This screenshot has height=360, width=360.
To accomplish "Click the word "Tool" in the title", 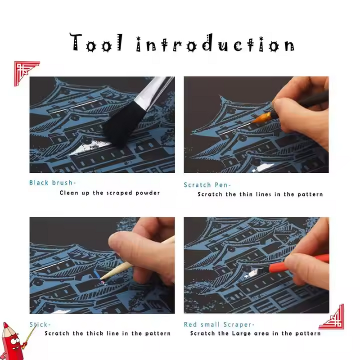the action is point(96,43).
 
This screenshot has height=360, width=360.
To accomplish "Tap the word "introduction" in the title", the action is point(216,44).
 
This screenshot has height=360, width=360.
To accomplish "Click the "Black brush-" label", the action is point(52,183).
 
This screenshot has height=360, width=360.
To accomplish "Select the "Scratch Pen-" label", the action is point(207,185).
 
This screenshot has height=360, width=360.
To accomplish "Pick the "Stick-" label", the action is point(40,324).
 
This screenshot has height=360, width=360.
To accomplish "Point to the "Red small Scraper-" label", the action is point(219,324).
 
